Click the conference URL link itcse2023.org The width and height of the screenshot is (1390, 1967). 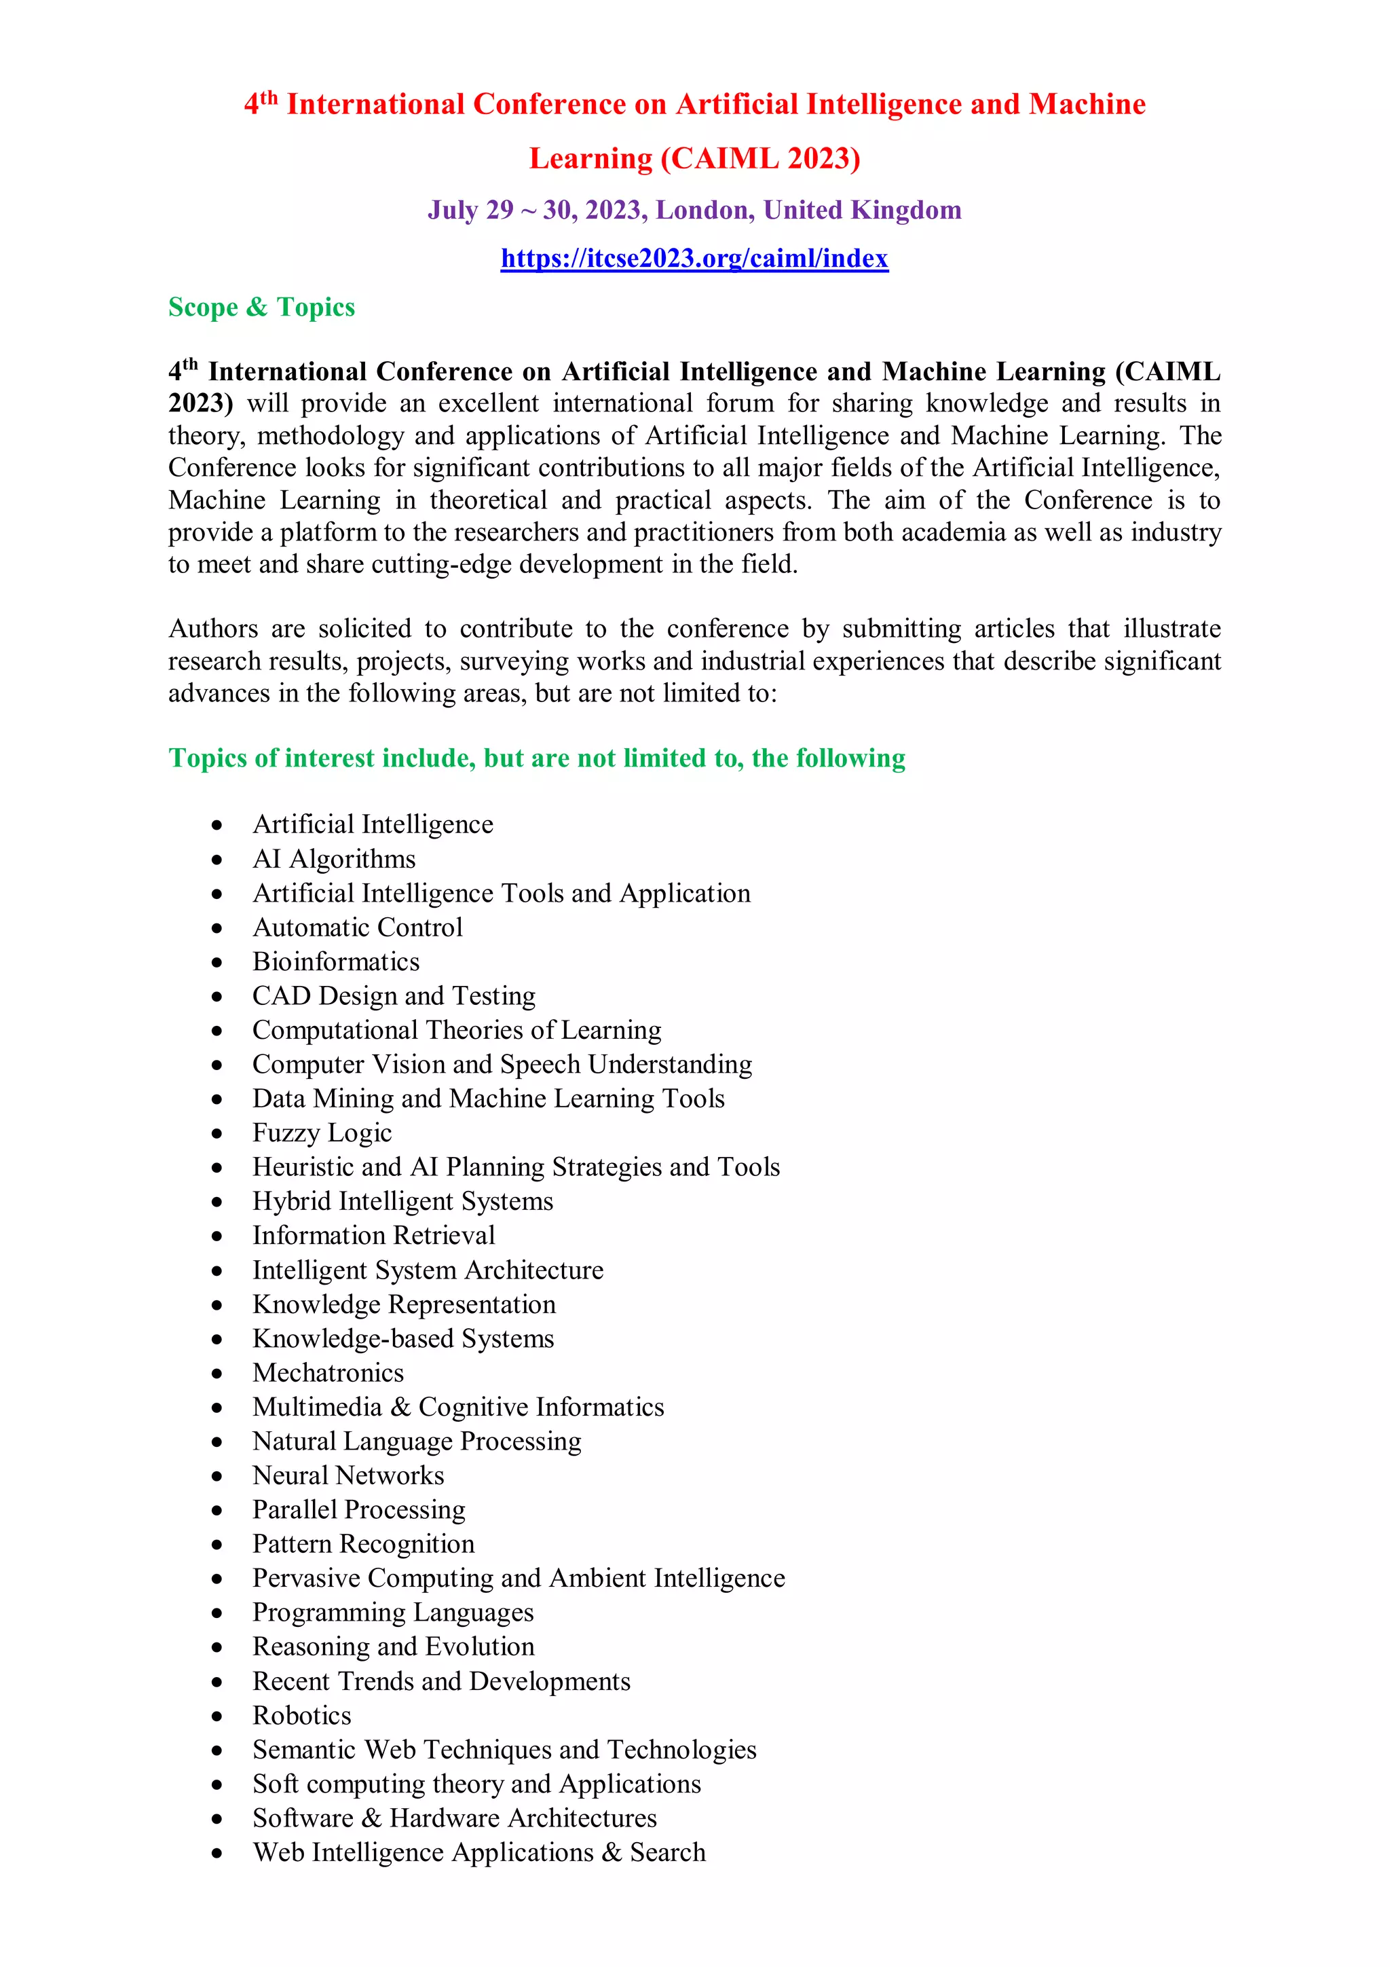click(694, 258)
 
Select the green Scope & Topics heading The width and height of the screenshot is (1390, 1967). click(261, 307)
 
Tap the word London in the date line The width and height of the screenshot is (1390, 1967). click(704, 210)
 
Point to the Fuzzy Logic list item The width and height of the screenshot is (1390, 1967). click(322, 1133)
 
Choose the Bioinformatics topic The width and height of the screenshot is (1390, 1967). click(336, 961)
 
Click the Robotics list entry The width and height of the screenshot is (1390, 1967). click(301, 1715)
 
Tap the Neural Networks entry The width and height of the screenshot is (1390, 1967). click(347, 1475)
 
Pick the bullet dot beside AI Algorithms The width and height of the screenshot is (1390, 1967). click(218, 860)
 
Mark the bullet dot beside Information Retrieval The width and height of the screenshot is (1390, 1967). click(218, 1236)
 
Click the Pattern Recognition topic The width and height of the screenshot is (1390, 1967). click(363, 1544)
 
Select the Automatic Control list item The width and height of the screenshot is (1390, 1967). click(357, 927)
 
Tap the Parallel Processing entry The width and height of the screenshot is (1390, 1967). click(359, 1509)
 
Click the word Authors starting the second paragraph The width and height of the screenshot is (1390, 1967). click(212, 629)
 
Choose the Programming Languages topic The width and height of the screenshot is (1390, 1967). click(393, 1613)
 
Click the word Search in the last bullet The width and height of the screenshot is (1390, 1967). click(667, 1852)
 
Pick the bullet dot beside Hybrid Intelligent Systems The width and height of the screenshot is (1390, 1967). click(218, 1202)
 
